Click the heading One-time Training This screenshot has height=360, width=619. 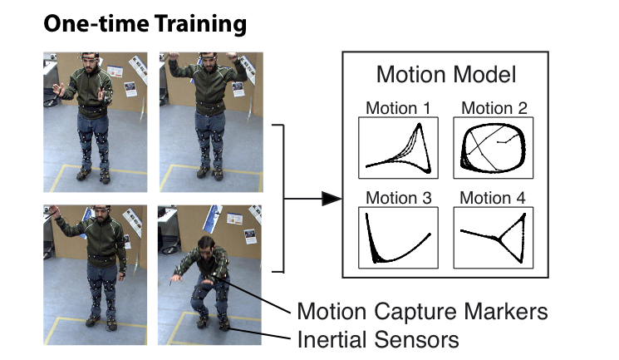145,24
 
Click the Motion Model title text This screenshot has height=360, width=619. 446,74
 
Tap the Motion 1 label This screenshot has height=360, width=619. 398,108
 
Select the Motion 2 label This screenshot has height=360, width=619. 494,108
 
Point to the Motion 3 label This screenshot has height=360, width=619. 398,198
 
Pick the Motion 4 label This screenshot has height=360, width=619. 493,198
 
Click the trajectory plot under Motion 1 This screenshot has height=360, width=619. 398,148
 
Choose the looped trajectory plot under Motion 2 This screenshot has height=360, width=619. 494,148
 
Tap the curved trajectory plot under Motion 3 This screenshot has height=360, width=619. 398,238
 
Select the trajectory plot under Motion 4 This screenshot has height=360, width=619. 494,238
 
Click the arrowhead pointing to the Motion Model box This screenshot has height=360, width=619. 332,199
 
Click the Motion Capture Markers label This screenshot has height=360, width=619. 422,312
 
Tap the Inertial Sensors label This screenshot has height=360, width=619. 378,339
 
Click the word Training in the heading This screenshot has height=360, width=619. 200,24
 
